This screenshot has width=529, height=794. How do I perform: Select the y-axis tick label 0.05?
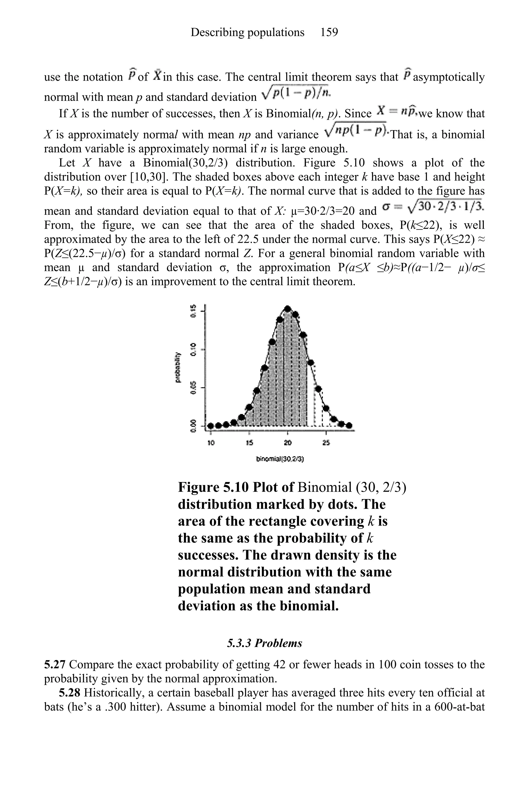tap(193, 388)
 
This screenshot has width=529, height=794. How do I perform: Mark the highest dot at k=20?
tap(287, 309)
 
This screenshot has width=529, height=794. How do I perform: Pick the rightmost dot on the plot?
tap(349, 425)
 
